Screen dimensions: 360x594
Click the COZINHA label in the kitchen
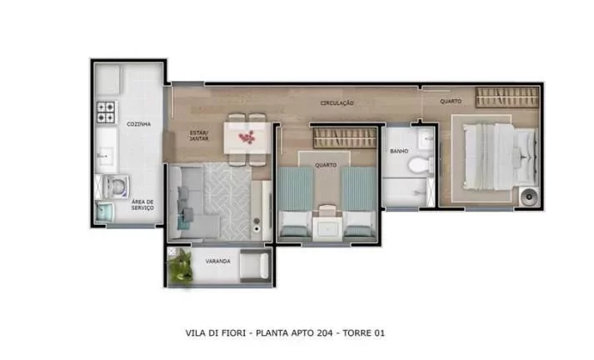(138, 124)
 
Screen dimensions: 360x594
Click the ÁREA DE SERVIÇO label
(142, 205)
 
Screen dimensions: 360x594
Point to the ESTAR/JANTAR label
(198, 136)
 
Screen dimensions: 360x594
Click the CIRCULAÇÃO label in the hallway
(337, 103)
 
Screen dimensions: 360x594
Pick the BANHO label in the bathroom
(398, 151)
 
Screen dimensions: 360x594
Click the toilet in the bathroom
(420, 163)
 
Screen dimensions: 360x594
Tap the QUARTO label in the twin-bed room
(325, 164)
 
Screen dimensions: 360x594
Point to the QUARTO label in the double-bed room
(451, 102)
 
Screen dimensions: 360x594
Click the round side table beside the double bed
(527, 197)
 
